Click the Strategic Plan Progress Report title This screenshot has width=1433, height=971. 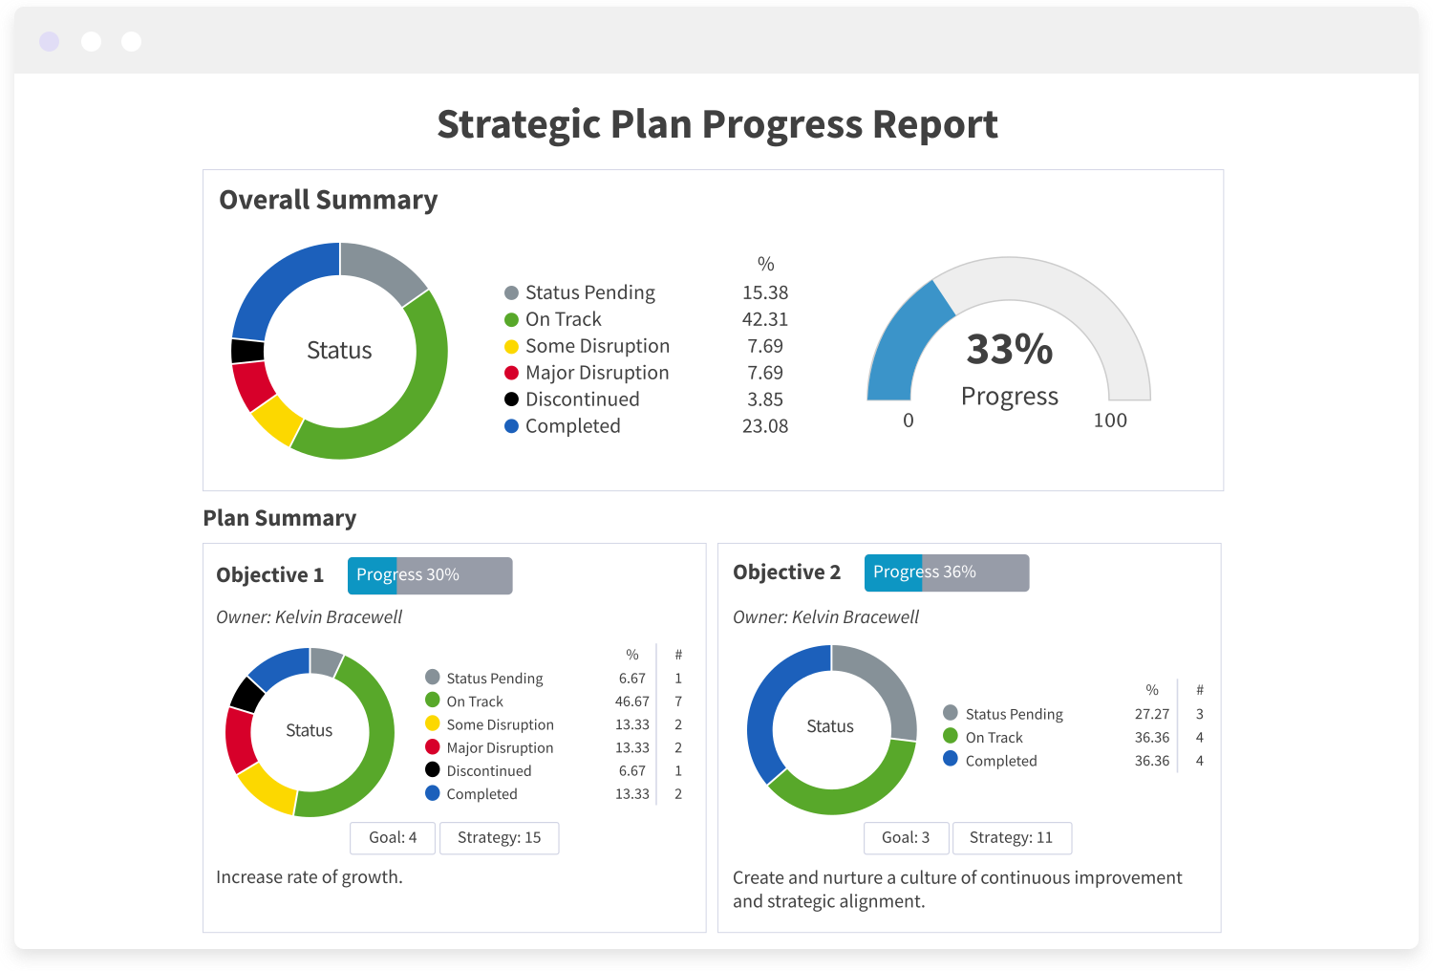[716, 125]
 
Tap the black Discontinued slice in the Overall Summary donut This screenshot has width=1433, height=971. [247, 351]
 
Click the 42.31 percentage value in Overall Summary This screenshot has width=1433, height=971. [764, 319]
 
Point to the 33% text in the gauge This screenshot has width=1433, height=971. [1009, 350]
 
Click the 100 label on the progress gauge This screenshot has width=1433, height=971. [1109, 421]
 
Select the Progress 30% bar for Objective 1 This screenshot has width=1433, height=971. [429, 575]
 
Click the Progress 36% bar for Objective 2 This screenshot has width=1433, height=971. [946, 572]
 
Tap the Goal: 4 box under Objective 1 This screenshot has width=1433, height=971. [393, 838]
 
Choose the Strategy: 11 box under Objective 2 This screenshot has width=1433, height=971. [1011, 838]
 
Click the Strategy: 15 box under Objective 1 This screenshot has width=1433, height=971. [499, 838]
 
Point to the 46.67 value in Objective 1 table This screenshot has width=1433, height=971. [631, 701]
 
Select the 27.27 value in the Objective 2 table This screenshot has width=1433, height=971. [1151, 714]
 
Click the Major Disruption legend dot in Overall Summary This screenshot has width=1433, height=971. [511, 373]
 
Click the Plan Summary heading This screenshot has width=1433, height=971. [279, 518]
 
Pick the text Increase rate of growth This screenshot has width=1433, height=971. [309, 877]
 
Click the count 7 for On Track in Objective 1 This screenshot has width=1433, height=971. [678, 701]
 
